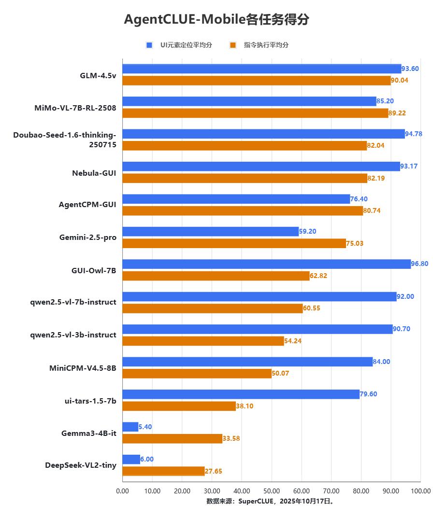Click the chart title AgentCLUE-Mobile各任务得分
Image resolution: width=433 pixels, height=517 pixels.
(x=216, y=19)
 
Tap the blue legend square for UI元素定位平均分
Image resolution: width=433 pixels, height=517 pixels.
(x=149, y=45)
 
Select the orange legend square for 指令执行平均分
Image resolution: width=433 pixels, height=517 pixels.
(x=233, y=45)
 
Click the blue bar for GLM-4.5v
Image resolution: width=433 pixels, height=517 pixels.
(x=261, y=69)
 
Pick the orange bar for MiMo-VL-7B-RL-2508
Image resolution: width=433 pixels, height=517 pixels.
(x=255, y=113)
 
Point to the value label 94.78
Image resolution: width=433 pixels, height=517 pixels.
(x=414, y=134)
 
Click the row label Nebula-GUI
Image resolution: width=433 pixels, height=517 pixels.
(x=94, y=173)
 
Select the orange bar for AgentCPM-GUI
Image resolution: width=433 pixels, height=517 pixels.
(x=243, y=210)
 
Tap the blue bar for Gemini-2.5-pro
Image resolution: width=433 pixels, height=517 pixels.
(x=211, y=231)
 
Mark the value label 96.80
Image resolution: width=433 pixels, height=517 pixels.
(x=420, y=264)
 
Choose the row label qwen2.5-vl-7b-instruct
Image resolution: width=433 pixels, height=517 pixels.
(x=73, y=302)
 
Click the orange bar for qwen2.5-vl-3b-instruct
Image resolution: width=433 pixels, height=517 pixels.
(x=203, y=341)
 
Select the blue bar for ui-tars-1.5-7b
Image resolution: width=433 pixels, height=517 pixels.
(x=241, y=394)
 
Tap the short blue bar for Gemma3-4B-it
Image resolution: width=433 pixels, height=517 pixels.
(x=130, y=427)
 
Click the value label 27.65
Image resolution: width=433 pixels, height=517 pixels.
(x=214, y=471)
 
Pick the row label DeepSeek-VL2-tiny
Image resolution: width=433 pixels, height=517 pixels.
(x=81, y=465)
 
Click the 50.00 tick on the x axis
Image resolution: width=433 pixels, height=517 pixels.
(x=272, y=491)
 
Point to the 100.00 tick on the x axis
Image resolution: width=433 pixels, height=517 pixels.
(x=420, y=491)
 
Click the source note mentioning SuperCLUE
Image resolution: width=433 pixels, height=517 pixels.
(x=271, y=501)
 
